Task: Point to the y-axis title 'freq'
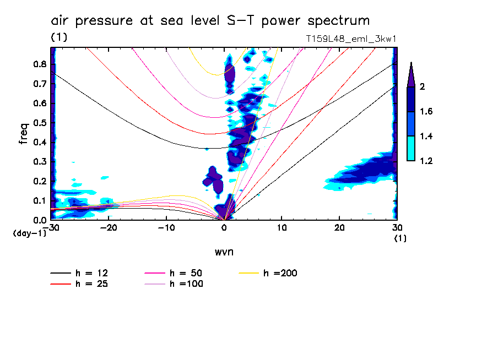pyautogui.click(x=24, y=134)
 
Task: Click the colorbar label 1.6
pyautogui.click(x=426, y=112)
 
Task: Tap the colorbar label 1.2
pyautogui.click(x=426, y=161)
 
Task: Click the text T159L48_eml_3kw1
pyautogui.click(x=351, y=39)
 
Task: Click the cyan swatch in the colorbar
pyautogui.click(x=410, y=149)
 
